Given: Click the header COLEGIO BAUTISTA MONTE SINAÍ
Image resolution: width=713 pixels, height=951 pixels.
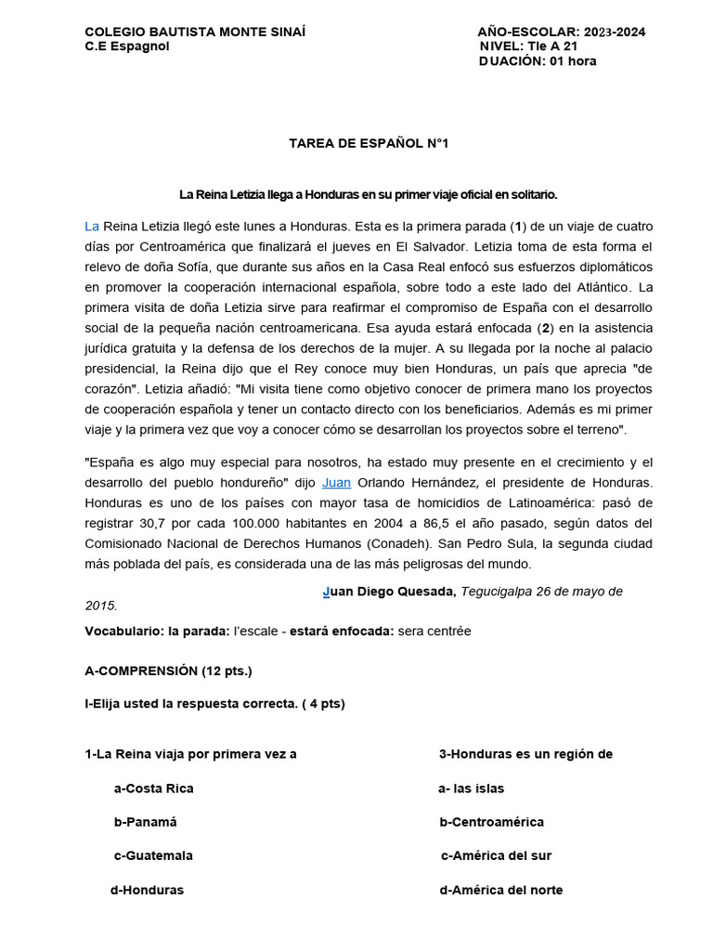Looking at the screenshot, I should [194, 32].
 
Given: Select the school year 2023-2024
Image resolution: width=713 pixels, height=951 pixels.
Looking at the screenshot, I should [615, 32].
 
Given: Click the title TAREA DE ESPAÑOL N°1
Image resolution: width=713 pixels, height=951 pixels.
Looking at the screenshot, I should [356, 143].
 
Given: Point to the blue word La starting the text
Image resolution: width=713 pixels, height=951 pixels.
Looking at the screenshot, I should [92, 226].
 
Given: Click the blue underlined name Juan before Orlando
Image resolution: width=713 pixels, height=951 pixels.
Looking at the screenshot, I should [336, 483].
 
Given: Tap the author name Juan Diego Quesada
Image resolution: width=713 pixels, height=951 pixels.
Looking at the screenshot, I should [389, 591].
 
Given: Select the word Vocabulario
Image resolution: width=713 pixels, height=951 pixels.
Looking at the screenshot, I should [123, 632].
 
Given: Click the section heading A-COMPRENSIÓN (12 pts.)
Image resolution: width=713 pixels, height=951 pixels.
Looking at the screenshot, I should [168, 671].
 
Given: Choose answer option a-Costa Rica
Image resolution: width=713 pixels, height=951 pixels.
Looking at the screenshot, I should [153, 788].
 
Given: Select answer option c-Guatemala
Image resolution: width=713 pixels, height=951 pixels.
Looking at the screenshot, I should [153, 855].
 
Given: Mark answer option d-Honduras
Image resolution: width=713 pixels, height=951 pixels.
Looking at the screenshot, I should [147, 890].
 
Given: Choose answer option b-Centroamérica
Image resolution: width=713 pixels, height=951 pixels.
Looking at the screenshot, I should [492, 822].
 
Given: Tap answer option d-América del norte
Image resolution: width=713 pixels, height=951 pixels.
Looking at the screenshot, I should [501, 890].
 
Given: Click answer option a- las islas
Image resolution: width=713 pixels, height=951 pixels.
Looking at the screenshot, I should [472, 788].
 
